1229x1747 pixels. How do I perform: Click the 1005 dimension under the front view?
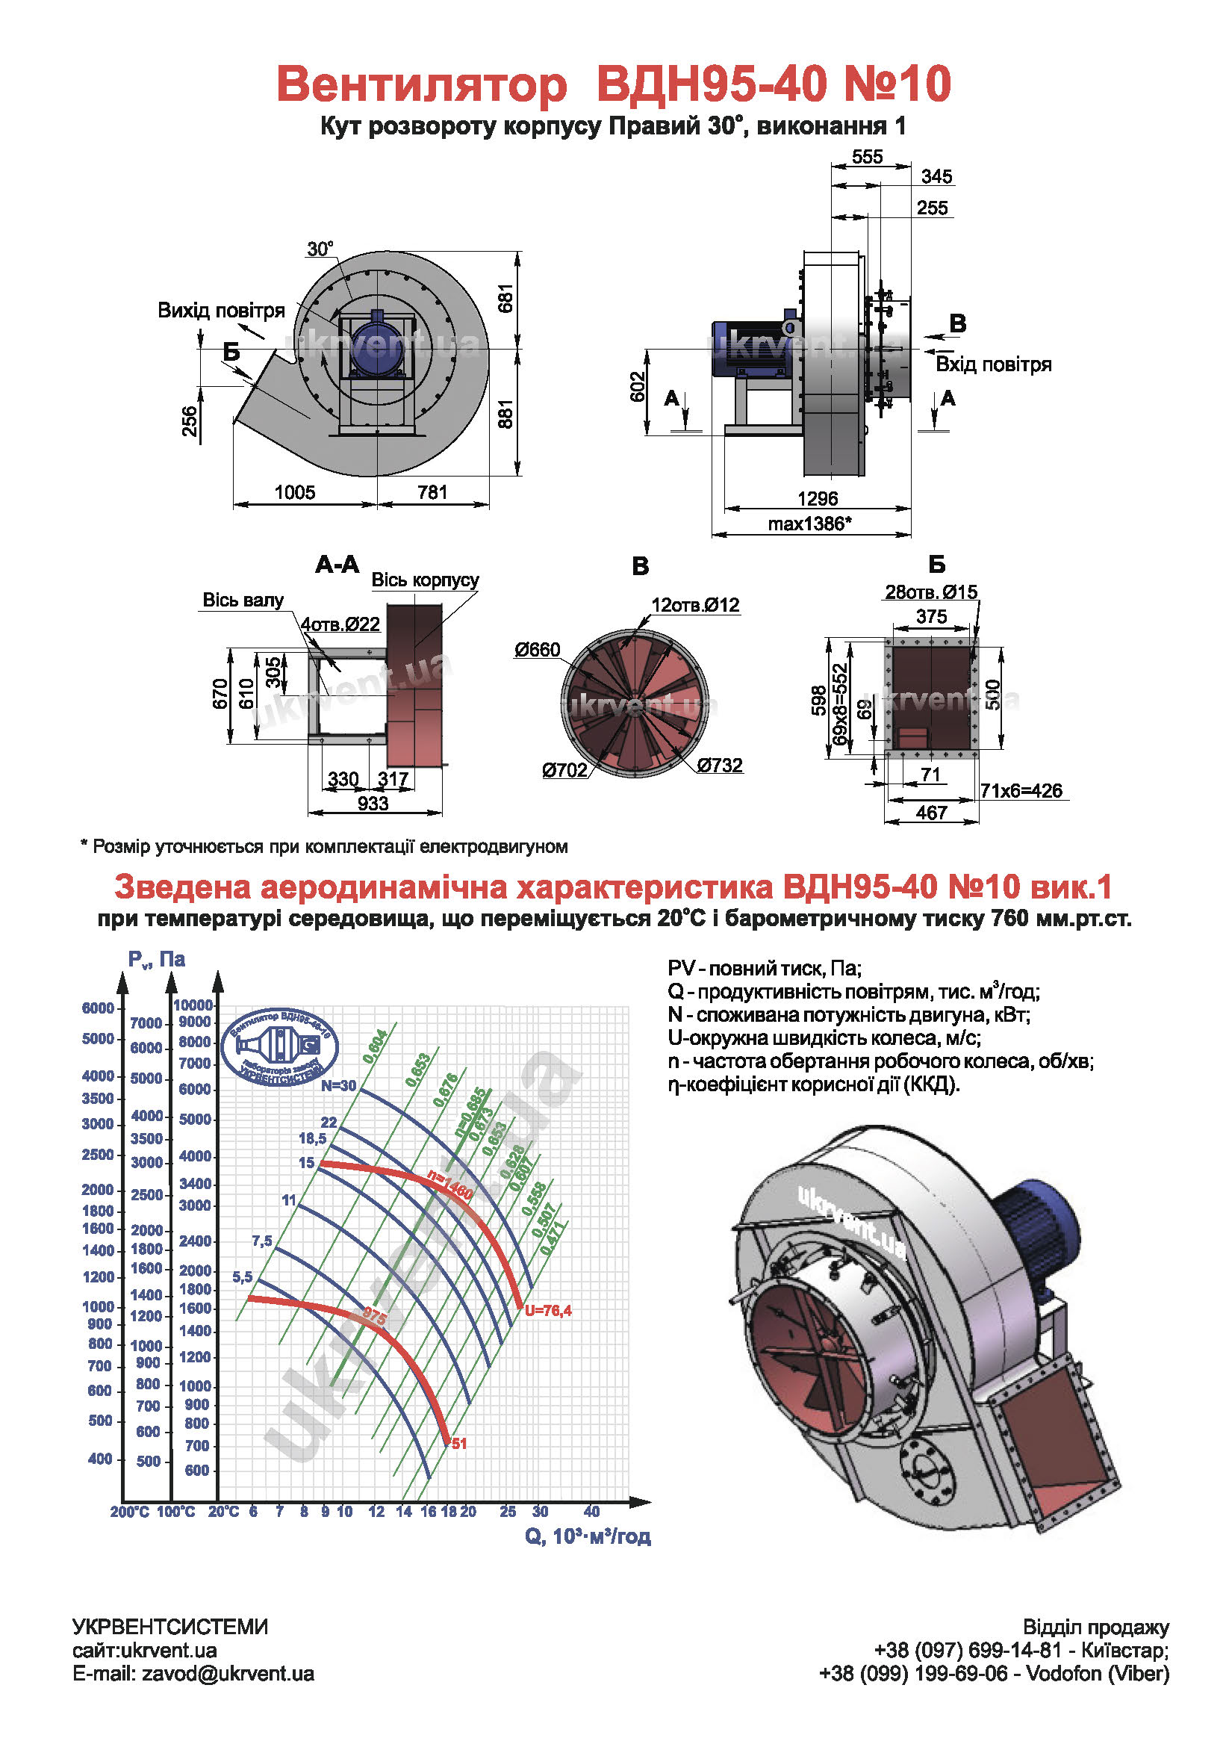point(294,492)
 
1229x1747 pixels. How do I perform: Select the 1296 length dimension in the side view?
point(817,498)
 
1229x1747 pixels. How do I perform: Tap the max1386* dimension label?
point(809,524)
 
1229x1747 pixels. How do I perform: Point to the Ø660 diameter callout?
point(537,650)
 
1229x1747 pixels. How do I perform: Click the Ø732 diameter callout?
point(720,766)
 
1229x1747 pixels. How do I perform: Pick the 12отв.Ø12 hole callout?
point(695,605)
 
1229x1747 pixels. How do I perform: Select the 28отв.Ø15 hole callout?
point(930,592)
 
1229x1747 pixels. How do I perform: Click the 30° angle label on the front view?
point(320,249)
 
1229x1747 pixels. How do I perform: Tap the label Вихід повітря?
point(221,311)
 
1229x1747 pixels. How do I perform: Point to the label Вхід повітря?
point(993,364)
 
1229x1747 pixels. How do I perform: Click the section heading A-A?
point(337,565)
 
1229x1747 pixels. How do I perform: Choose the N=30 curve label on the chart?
point(337,1086)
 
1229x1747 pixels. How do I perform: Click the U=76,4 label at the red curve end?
point(547,1310)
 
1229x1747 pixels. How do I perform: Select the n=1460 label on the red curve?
point(450,1185)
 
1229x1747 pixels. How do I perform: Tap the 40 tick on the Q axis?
point(591,1511)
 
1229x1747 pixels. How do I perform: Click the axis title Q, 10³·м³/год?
point(587,1536)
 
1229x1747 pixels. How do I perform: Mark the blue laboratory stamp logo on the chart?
point(279,1047)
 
